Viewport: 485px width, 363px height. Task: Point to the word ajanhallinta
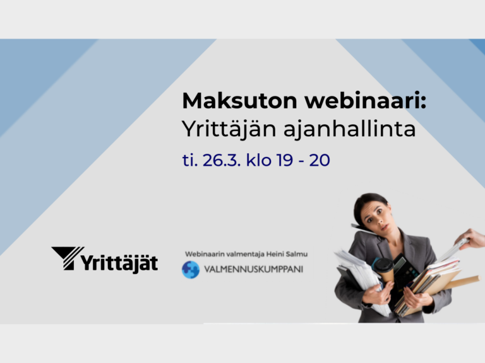pos(349,130)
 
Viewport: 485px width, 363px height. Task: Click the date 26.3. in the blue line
pos(222,160)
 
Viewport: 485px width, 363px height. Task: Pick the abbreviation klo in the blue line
pos(258,160)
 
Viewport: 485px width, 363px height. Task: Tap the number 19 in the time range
pos(285,160)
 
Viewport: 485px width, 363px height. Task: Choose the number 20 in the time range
pos(320,160)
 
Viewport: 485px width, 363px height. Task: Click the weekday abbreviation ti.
pos(190,160)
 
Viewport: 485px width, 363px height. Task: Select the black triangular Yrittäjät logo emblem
pos(68,258)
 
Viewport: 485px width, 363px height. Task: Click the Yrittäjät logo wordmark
pos(119,263)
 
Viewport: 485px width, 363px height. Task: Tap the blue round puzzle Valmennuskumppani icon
pos(191,270)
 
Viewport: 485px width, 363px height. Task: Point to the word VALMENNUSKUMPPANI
pos(253,270)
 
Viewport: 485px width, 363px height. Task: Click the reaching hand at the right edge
pos(470,239)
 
